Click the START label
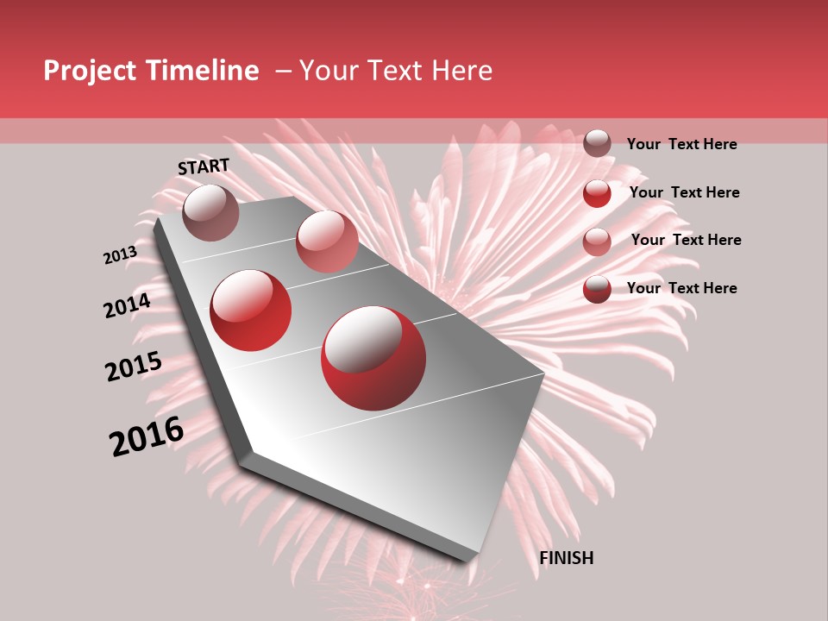click(x=204, y=166)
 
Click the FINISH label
click(x=567, y=558)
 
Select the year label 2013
click(x=120, y=255)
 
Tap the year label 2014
click(x=127, y=305)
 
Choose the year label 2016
click(x=147, y=436)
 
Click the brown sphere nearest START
click(x=211, y=212)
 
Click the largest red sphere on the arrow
click(x=373, y=359)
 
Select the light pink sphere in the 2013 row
click(x=327, y=241)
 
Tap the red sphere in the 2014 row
click(x=251, y=310)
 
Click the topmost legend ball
click(x=597, y=143)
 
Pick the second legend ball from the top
click(x=597, y=193)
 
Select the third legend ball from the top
click(x=597, y=241)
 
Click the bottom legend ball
click(x=597, y=289)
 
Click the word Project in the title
click(x=91, y=71)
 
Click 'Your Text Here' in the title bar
click(x=396, y=71)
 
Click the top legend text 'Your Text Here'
click(x=681, y=144)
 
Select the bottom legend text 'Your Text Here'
click(x=681, y=288)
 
